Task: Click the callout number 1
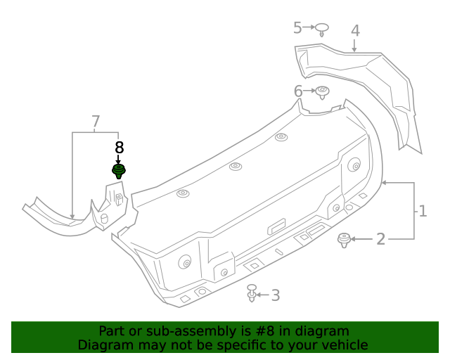[x=423, y=211]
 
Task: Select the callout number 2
[x=380, y=240]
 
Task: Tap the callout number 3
[x=275, y=295]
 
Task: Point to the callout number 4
[x=355, y=30]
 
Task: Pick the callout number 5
[x=297, y=27]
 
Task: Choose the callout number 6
[x=298, y=91]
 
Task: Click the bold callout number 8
[x=119, y=148]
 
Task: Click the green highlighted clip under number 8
[x=120, y=172]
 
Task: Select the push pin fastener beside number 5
[x=321, y=30]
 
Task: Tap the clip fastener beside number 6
[x=323, y=92]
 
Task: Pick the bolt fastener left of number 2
[x=344, y=240]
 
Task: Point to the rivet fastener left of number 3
[x=252, y=293]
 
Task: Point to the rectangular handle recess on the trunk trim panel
[x=276, y=226]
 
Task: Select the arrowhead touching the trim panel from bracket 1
[x=384, y=183]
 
